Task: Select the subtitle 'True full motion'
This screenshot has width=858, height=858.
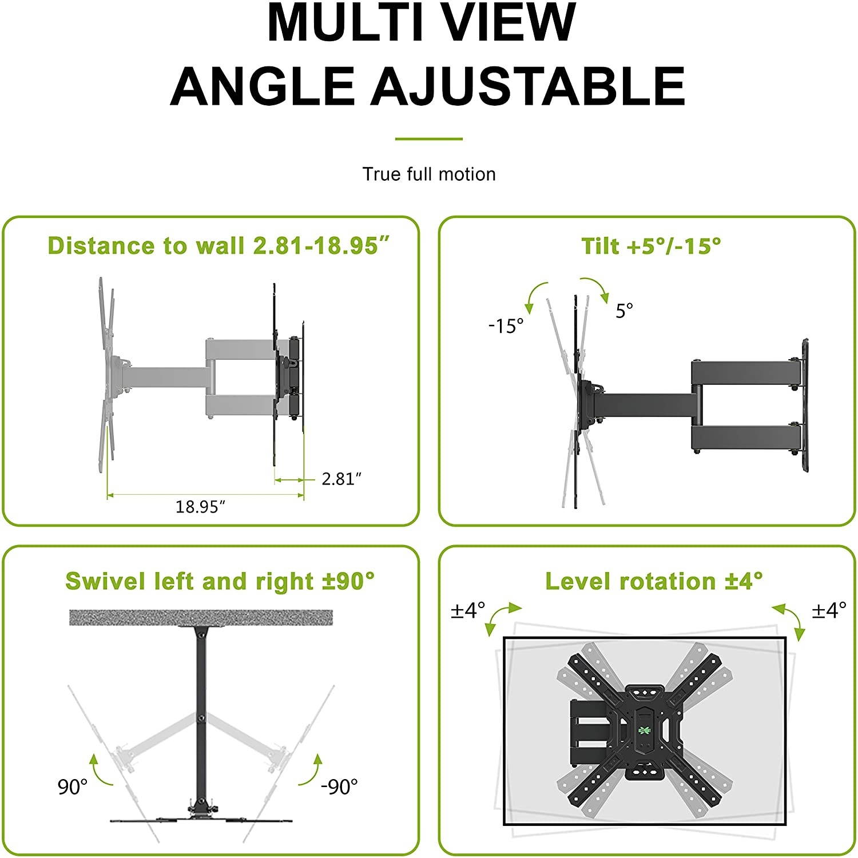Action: coord(429,174)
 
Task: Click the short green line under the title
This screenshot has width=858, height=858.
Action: coord(429,139)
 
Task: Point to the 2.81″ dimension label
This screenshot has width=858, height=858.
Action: coord(341,478)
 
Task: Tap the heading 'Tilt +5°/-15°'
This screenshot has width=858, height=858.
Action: coord(651,245)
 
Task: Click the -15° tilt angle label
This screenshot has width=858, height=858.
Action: coord(506,326)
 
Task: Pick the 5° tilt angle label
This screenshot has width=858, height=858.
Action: coord(624,311)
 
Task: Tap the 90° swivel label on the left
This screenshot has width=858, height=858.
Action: coord(73,786)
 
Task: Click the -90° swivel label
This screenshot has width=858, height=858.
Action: coord(339,786)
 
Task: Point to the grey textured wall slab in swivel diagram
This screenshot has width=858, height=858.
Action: coord(201,617)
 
